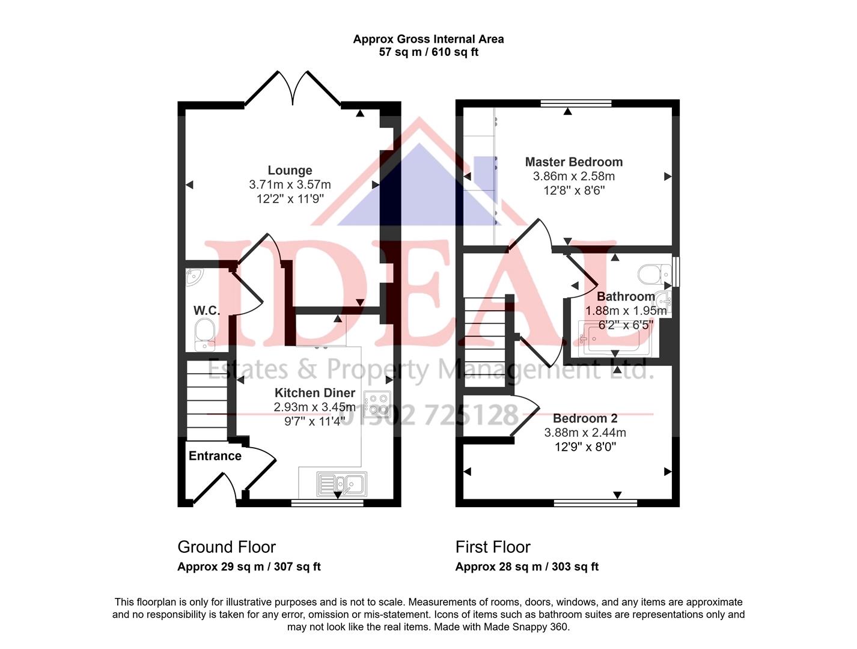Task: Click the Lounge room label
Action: [290, 170]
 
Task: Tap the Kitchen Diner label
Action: [314, 392]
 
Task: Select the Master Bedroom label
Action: [573, 162]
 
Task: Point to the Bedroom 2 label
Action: [585, 418]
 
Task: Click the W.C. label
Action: [206, 311]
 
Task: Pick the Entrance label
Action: [215, 456]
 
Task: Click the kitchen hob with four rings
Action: [377, 403]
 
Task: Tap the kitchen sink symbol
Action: [341, 483]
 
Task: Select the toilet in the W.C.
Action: [205, 333]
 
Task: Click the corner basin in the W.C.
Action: [194, 276]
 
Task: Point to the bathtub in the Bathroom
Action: [610, 339]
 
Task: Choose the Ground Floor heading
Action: [227, 547]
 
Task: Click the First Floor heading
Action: [493, 547]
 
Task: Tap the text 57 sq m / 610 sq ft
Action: [428, 52]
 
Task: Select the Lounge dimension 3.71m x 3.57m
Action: [290, 184]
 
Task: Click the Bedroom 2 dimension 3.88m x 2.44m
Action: [585, 433]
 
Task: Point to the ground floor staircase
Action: [207, 400]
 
